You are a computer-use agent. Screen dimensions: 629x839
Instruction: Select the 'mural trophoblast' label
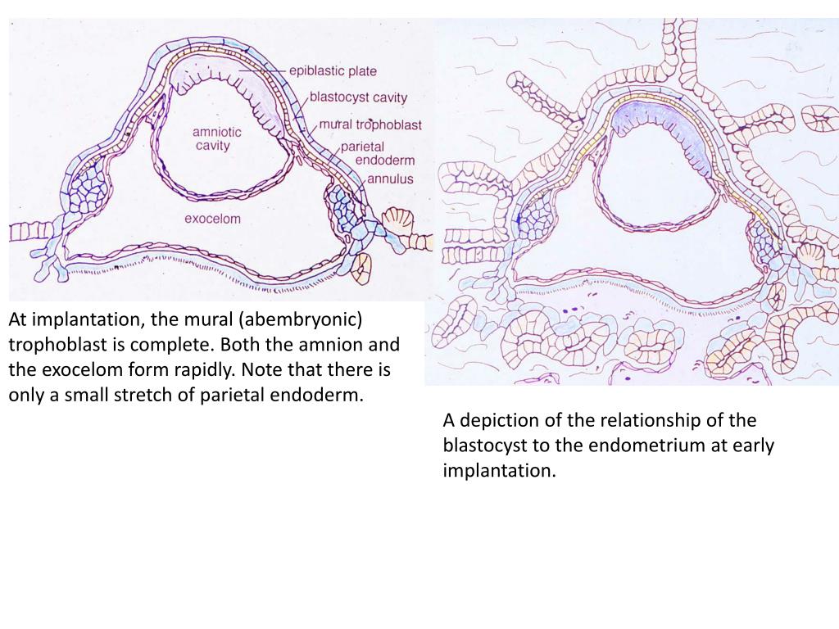click(x=370, y=124)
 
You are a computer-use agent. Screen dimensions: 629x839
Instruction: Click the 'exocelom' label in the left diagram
click(x=212, y=219)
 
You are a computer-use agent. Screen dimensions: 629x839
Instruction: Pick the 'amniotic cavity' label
click(x=212, y=138)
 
